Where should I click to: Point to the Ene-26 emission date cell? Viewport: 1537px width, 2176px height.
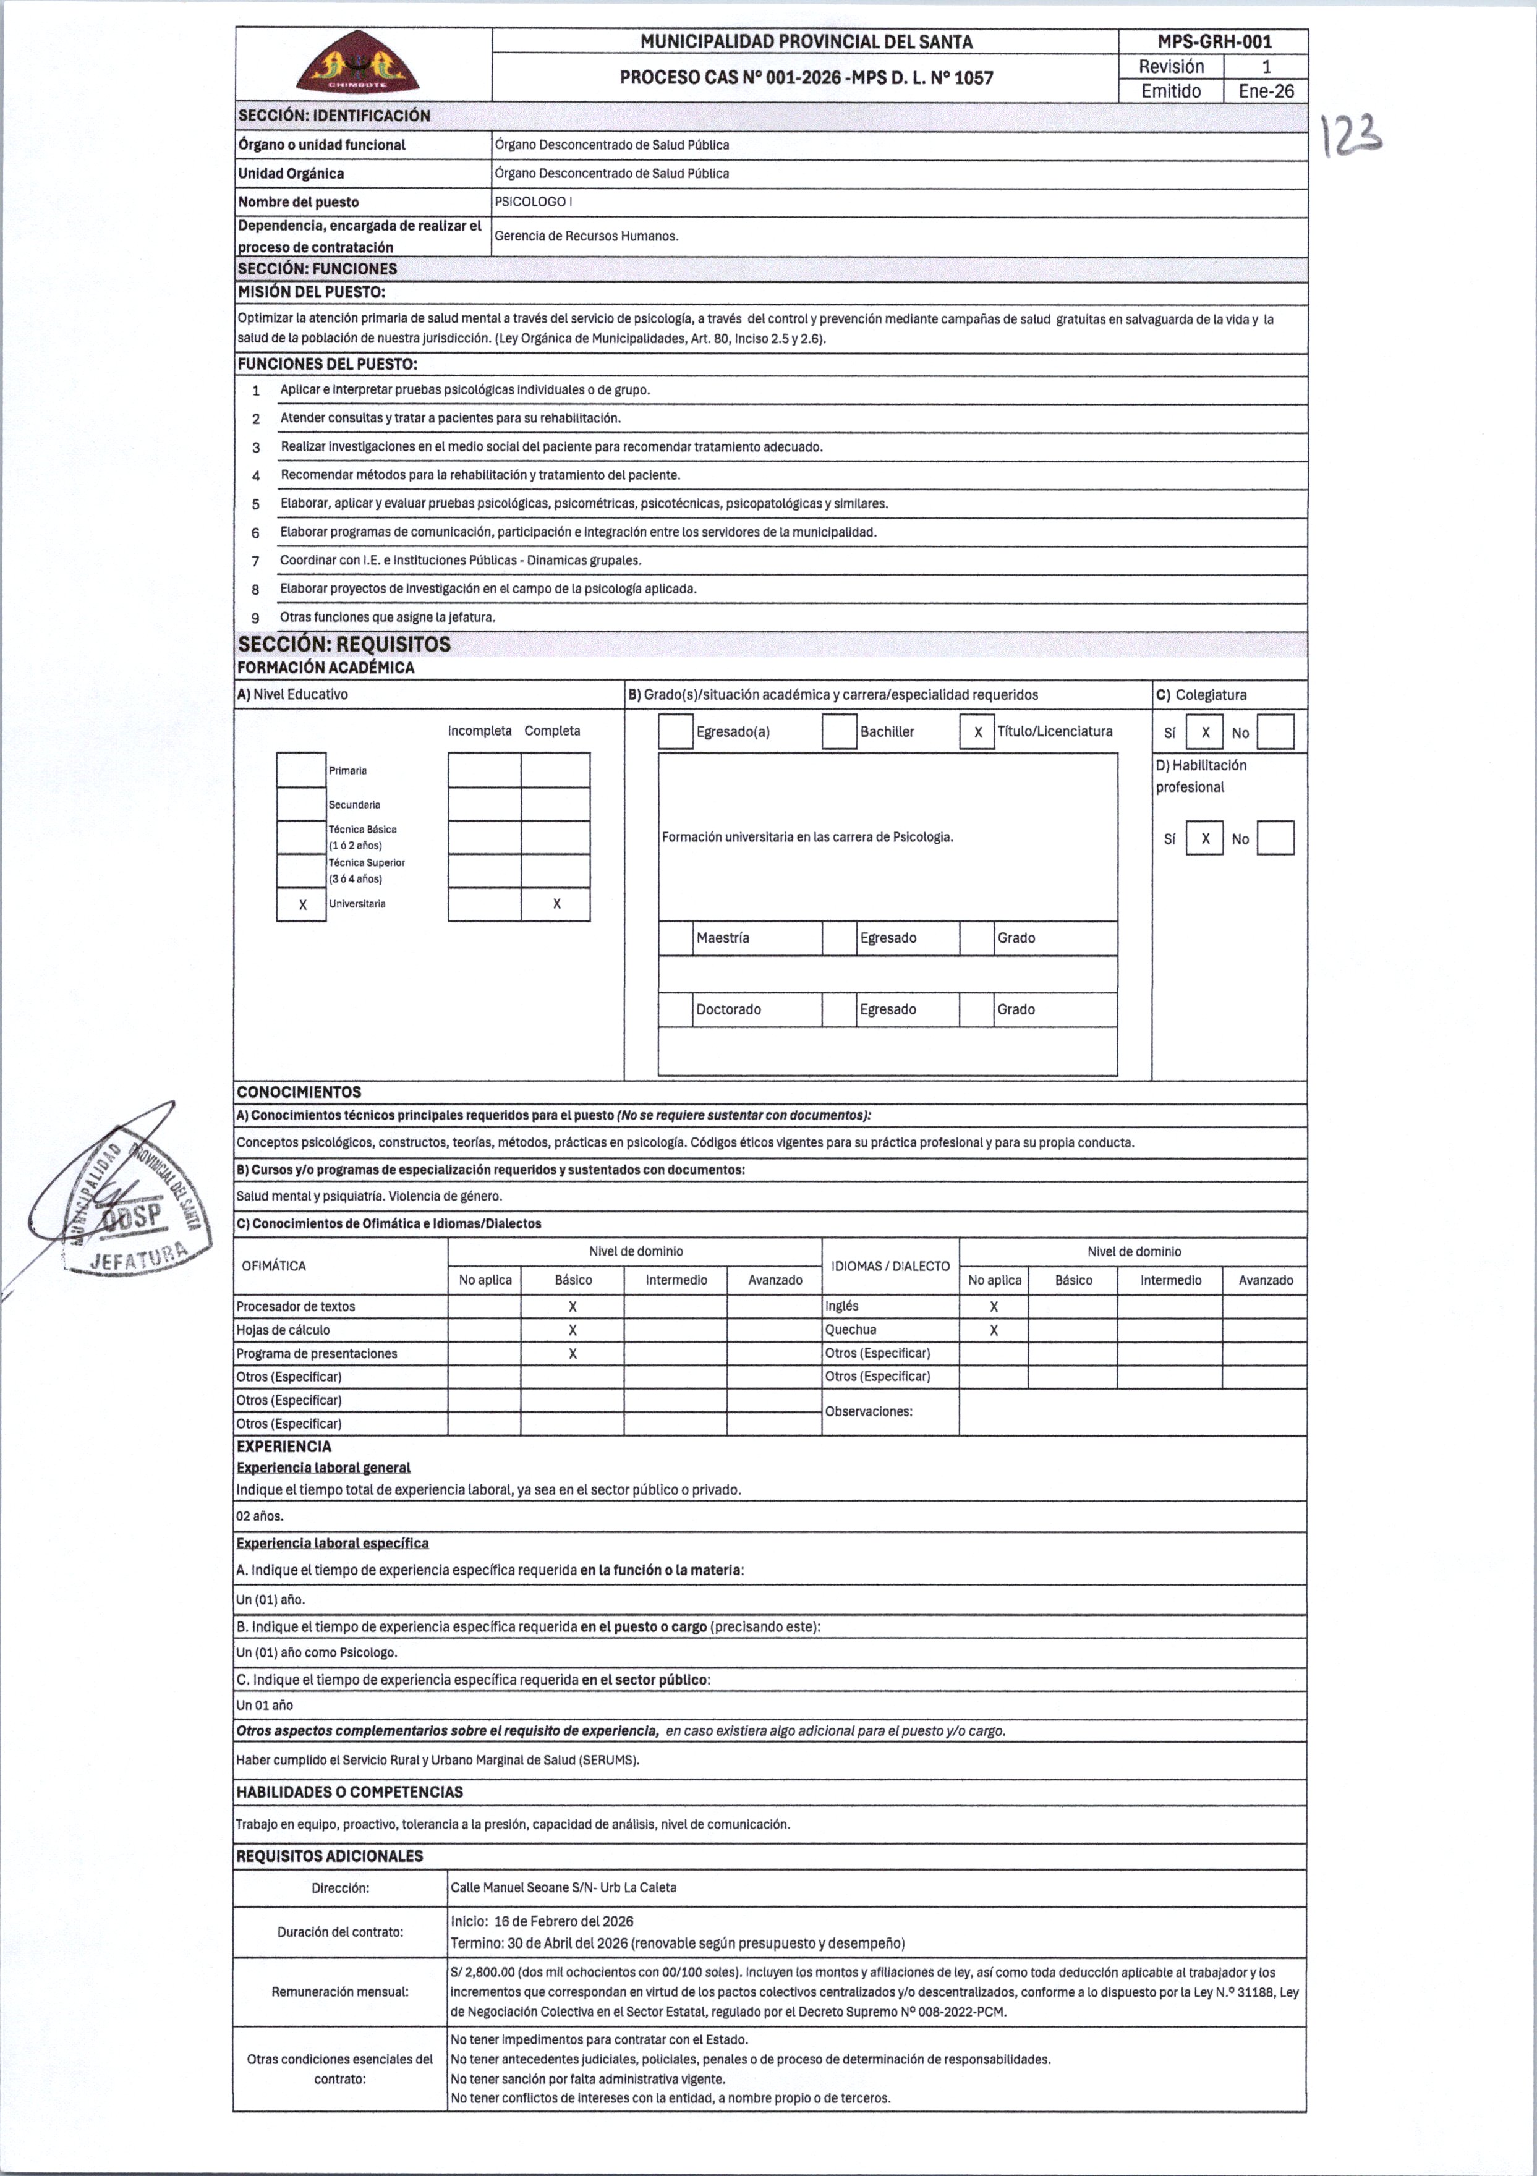click(x=1266, y=91)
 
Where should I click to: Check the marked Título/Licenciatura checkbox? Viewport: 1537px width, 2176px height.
click(x=977, y=732)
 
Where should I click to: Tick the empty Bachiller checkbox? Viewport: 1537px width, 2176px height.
click(x=838, y=732)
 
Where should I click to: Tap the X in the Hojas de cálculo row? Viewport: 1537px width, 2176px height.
click(x=573, y=1330)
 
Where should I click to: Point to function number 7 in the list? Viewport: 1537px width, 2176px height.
click(x=256, y=561)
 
